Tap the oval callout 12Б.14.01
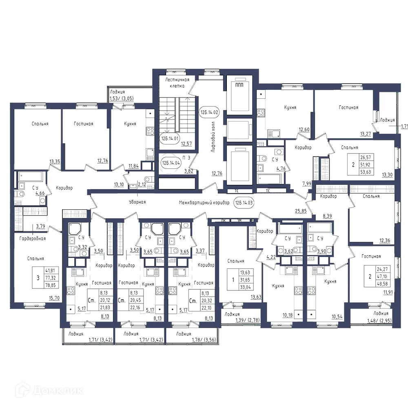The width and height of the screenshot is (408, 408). pyautogui.click(x=170, y=139)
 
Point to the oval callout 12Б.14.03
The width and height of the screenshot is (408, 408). pyautogui.click(x=244, y=202)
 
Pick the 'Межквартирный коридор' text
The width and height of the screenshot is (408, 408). pyautogui.click(x=204, y=202)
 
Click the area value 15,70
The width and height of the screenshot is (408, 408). pyautogui.click(x=54, y=298)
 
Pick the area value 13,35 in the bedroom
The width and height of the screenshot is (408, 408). pyautogui.click(x=55, y=162)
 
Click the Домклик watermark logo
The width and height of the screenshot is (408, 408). pyautogui.click(x=43, y=390)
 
